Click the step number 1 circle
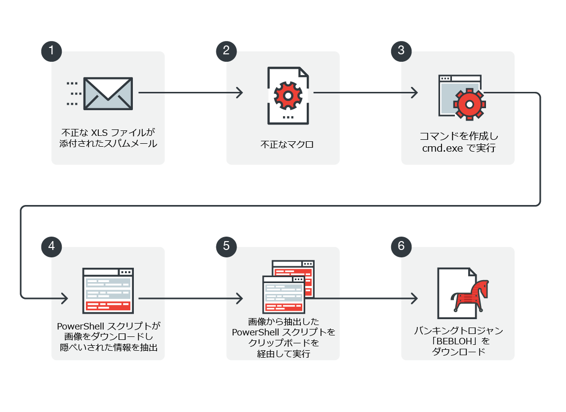pyautogui.click(x=52, y=51)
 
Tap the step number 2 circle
pyautogui.click(x=227, y=51)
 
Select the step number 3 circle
pyautogui.click(x=401, y=51)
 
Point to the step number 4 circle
pyautogui.click(x=52, y=246)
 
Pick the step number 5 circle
pyautogui.click(x=227, y=246)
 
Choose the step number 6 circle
pyautogui.click(x=401, y=246)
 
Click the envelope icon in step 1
pyautogui.click(x=108, y=93)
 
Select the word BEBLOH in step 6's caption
pyautogui.click(x=452, y=341)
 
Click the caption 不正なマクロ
pyautogui.click(x=287, y=145)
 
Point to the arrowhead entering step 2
pyautogui.click(x=240, y=92)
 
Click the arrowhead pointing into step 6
pyautogui.click(x=414, y=298)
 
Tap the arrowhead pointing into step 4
pyautogui.click(x=64, y=298)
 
